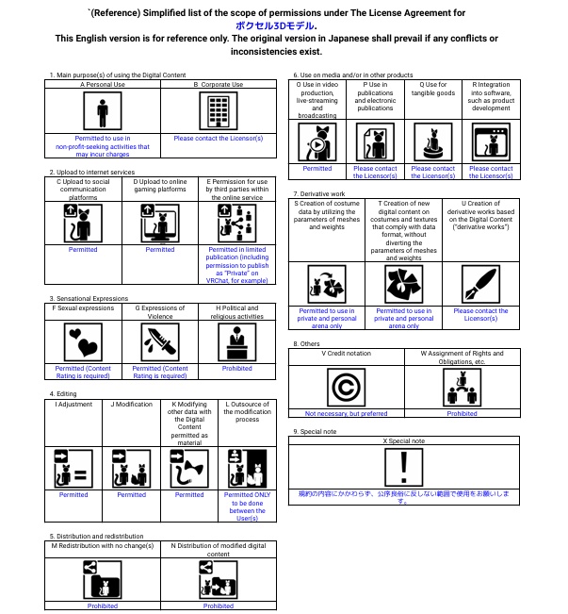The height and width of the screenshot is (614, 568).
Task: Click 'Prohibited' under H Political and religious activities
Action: point(237,369)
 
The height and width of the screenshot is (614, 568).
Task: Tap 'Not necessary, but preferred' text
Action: point(346,413)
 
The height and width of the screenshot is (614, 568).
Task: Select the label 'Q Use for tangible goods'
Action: point(433,89)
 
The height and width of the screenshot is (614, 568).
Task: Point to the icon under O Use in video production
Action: point(317,143)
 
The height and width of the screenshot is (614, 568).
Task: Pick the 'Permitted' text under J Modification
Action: point(132,494)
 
